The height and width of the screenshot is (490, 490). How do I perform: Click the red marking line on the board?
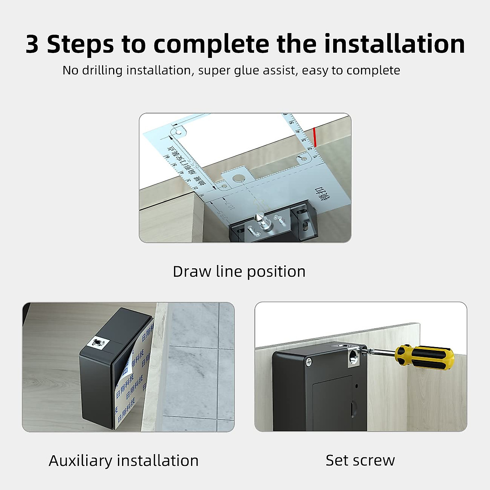pos(316,137)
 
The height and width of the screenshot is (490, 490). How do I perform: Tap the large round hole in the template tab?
pos(237,178)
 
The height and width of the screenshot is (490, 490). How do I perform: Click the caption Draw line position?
pos(239,272)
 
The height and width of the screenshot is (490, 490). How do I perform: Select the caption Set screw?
pos(360,460)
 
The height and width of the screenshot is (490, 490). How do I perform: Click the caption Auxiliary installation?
pos(123,461)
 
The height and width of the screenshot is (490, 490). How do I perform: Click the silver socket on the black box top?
pos(98,343)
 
